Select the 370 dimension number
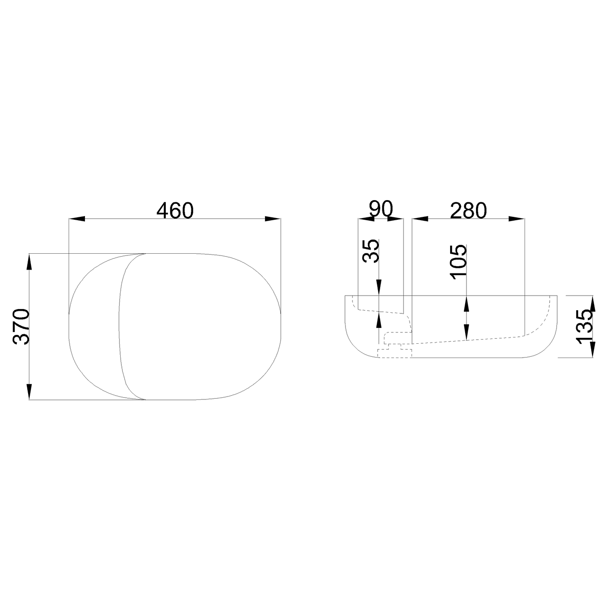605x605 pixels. click(x=21, y=327)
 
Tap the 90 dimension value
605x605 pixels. click(x=381, y=209)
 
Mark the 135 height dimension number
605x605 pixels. click(x=584, y=327)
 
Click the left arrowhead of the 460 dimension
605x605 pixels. click(x=77, y=219)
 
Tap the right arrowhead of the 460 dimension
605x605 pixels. click(x=273, y=219)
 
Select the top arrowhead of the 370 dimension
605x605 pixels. click(x=29, y=262)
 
